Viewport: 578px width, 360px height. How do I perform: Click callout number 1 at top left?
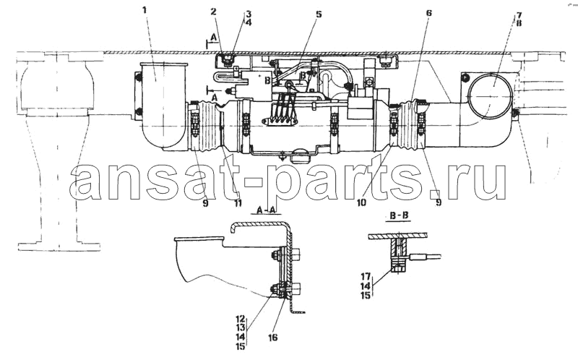pyautogui.click(x=144, y=9)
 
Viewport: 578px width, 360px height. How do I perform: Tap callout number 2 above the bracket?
pyautogui.click(x=213, y=12)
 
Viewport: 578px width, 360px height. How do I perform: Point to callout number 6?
pyautogui.click(x=428, y=13)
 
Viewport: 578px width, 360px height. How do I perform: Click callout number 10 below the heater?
pyautogui.click(x=362, y=202)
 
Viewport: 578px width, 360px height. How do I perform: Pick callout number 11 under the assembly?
pyautogui.click(x=238, y=202)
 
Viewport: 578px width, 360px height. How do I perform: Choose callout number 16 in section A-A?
pyautogui.click(x=273, y=337)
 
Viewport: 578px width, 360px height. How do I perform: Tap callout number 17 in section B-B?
pyautogui.click(x=366, y=275)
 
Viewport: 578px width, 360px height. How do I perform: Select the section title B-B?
pyautogui.click(x=397, y=215)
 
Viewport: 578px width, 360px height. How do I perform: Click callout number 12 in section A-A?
pyautogui.click(x=241, y=318)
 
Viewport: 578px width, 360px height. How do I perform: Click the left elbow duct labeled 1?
pyautogui.click(x=163, y=107)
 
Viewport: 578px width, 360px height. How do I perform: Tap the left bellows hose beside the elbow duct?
pyautogui.click(x=209, y=125)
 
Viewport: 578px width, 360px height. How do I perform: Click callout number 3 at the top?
pyautogui.click(x=249, y=14)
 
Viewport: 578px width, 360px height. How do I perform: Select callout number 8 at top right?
pyautogui.click(x=519, y=23)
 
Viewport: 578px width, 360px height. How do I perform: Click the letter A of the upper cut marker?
pyautogui.click(x=212, y=38)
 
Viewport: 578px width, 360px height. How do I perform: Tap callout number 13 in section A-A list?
pyautogui.click(x=241, y=327)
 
